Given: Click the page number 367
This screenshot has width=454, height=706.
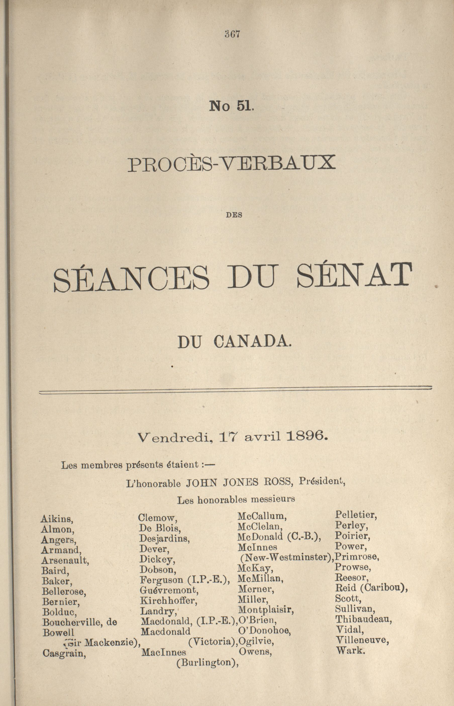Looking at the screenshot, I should click(x=232, y=34).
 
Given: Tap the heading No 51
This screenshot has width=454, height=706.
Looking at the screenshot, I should click(x=231, y=106).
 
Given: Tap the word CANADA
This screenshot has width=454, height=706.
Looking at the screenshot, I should click(x=252, y=342).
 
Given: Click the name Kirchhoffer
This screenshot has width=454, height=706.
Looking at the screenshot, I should click(x=169, y=600).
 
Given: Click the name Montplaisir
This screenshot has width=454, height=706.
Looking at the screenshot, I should click(x=266, y=609).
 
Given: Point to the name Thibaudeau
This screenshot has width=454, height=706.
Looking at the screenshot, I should click(x=364, y=619).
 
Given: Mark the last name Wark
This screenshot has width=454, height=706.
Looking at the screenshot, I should click(x=350, y=650).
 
